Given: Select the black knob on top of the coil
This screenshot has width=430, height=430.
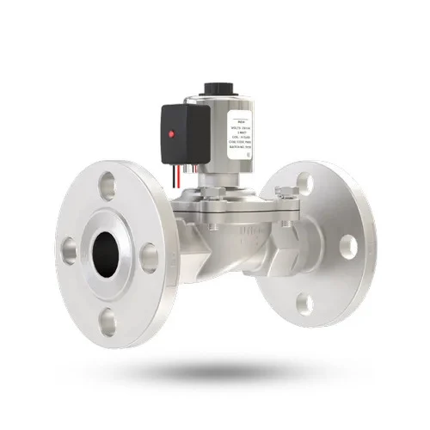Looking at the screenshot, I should click(x=214, y=88).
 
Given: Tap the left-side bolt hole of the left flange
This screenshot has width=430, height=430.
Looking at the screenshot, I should click(x=68, y=250).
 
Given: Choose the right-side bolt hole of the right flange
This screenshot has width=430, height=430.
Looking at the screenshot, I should click(x=347, y=245).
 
